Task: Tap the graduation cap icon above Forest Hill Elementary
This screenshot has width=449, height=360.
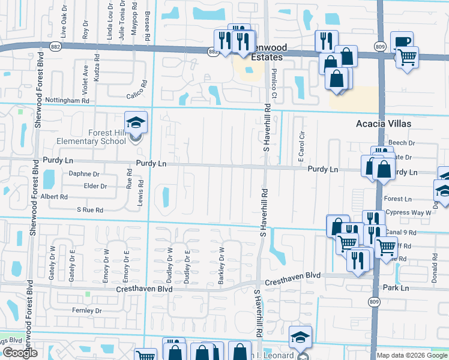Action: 136,122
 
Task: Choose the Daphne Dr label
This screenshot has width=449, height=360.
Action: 84,173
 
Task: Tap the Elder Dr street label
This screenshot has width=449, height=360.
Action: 95,186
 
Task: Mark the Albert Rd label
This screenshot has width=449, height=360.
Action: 55,197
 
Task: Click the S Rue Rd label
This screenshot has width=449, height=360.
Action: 90,210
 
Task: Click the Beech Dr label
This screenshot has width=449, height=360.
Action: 402,143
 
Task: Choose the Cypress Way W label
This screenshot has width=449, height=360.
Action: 409,212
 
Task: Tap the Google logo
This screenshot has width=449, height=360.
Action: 20,353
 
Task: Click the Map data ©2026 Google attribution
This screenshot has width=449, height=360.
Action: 411,355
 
